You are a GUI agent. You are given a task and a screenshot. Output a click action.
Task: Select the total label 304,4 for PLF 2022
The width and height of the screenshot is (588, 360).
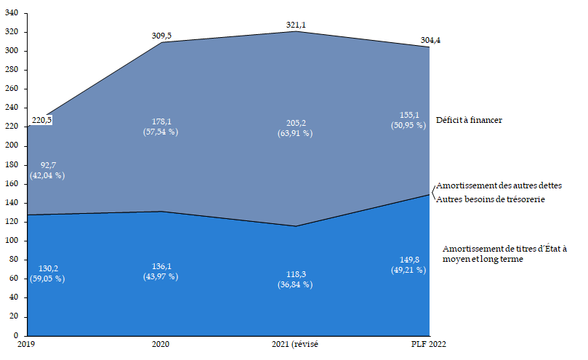430,40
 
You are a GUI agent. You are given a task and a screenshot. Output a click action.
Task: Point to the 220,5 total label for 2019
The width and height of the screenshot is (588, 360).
41,120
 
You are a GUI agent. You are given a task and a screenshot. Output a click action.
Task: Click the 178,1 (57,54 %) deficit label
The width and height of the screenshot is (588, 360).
161,127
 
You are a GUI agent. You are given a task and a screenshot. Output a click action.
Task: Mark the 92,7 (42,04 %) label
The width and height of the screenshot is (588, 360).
47,170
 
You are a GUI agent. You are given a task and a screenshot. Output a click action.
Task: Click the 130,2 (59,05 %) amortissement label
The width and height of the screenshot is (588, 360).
47,273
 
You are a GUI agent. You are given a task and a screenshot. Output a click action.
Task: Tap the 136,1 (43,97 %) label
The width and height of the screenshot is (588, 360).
161,271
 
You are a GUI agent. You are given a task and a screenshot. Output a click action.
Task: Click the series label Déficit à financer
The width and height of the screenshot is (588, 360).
470,120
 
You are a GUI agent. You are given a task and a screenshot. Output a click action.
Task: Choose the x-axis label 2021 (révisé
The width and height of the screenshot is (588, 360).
295,345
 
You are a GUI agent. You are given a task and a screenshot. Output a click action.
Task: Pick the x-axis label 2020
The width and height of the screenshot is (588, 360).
161,345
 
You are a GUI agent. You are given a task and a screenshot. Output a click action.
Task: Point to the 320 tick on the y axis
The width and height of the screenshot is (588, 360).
12,33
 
